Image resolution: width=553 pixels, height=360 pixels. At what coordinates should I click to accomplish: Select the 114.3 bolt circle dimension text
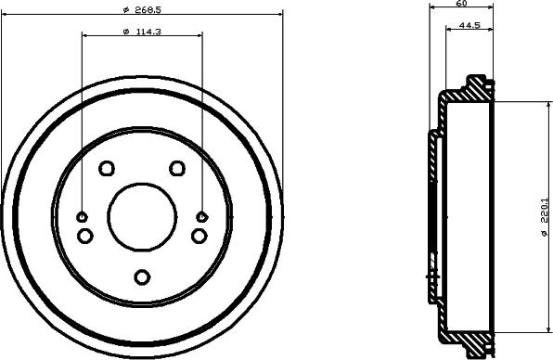pyautogui.click(x=141, y=32)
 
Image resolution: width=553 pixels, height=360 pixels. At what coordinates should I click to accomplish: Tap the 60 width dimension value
pyautogui.click(x=461, y=5)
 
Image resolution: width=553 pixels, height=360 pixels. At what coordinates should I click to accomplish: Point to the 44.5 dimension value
pyautogui.click(x=470, y=26)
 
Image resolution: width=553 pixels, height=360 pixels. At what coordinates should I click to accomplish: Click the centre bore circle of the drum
pyautogui.click(x=142, y=216)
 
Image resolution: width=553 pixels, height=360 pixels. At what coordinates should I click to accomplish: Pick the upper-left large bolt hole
pyautogui.click(x=106, y=168)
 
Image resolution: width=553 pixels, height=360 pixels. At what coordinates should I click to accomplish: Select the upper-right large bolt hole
pyautogui.click(x=177, y=168)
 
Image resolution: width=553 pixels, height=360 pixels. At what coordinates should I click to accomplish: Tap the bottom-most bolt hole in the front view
pyautogui.click(x=142, y=276)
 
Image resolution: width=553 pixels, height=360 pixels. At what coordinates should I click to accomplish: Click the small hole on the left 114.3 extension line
pyautogui.click(x=83, y=216)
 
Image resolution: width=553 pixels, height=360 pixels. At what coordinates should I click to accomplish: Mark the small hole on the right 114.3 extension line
pyautogui.click(x=201, y=216)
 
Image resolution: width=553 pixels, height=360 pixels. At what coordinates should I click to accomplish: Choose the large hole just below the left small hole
pyautogui.click(x=85, y=236)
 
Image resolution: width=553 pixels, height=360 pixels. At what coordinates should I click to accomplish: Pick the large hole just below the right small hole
pyautogui.click(x=199, y=236)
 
